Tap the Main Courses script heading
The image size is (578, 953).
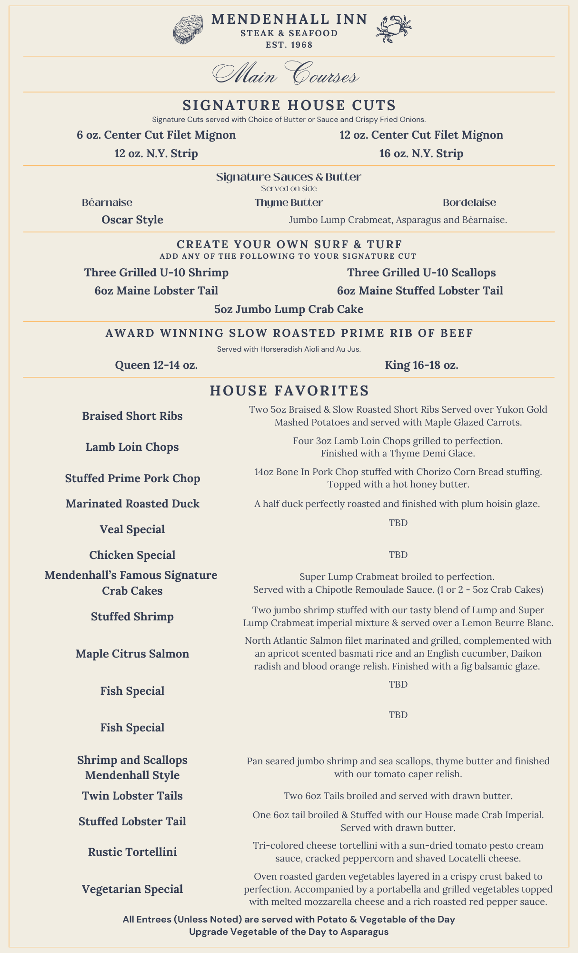click(286, 75)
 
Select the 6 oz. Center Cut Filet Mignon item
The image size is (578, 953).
click(156, 135)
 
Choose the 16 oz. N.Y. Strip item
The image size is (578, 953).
click(421, 153)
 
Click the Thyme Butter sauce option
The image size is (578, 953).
click(289, 203)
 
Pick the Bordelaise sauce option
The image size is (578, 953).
click(469, 203)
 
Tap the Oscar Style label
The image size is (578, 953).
click(132, 220)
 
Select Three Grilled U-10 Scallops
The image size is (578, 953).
click(421, 273)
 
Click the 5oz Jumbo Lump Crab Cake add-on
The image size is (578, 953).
click(289, 309)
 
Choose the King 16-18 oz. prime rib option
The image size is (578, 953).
click(421, 365)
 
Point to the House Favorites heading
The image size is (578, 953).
click(289, 391)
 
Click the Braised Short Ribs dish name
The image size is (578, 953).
click(132, 416)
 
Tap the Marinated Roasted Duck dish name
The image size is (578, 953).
click(132, 504)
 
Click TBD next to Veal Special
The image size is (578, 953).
click(398, 523)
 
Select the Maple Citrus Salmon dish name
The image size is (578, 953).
click(132, 653)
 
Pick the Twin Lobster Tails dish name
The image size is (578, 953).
click(132, 796)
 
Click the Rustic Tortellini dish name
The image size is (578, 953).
click(132, 852)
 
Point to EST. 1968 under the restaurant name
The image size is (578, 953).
click(289, 45)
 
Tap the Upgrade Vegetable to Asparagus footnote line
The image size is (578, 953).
click(289, 932)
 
